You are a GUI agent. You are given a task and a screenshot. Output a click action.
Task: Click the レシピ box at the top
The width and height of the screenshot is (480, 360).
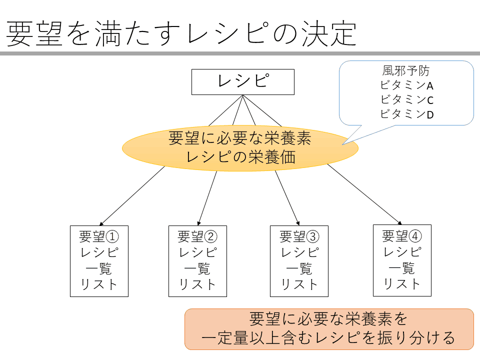tap(243, 81)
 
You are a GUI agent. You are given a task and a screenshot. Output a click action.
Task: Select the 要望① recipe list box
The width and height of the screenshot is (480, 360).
tap(99, 261)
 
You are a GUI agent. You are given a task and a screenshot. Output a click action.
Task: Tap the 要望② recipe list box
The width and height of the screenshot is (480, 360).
tap(198, 261)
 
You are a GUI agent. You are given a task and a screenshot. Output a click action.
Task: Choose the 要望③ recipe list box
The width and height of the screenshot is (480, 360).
tap(299, 261)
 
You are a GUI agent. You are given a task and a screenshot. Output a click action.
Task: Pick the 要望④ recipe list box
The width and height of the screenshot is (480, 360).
tap(402, 260)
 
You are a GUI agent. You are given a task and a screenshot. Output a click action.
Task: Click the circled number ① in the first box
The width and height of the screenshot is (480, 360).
tap(112, 236)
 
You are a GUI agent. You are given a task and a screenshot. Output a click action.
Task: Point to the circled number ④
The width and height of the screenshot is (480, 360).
tap(415, 236)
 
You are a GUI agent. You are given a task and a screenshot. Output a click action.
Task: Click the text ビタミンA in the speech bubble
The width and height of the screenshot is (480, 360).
tap(406, 85)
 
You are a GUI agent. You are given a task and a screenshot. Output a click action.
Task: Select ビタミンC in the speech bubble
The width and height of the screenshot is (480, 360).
tap(406, 100)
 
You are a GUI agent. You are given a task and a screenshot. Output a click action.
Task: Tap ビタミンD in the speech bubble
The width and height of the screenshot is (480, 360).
tap(406, 114)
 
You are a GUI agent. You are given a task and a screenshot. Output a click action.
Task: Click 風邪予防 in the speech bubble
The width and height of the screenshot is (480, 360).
tap(406, 71)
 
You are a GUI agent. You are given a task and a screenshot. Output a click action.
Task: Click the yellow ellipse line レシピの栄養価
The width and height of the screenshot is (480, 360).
tap(241, 157)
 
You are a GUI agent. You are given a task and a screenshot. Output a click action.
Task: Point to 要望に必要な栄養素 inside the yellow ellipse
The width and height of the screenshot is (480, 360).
tap(240, 138)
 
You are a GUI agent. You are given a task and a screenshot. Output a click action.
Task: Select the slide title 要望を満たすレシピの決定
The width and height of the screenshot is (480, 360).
tap(181, 33)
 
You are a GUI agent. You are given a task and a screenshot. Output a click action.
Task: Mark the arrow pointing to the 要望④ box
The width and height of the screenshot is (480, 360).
tap(364, 194)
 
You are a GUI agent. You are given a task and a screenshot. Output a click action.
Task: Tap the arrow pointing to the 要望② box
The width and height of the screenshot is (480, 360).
tap(207, 198)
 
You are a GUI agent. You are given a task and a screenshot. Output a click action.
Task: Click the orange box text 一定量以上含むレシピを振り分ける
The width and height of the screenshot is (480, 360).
tap(328, 338)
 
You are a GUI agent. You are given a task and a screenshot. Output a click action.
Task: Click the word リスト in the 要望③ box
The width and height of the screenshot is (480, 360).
tap(299, 284)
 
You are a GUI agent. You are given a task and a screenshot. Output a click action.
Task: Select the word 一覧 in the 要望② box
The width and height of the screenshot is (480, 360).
tap(197, 269)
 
